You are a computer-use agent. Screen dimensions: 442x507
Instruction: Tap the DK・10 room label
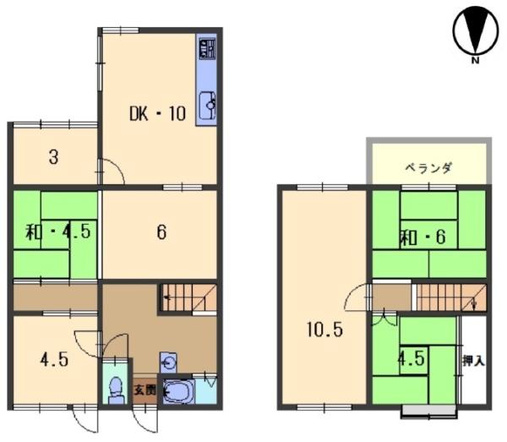pyautogui.click(x=156, y=113)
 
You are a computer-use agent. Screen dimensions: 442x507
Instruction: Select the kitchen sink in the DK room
pyautogui.click(x=207, y=106)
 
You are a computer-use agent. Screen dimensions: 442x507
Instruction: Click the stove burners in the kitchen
pyautogui.click(x=206, y=49)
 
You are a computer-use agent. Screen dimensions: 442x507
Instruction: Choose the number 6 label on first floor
pyautogui.click(x=161, y=232)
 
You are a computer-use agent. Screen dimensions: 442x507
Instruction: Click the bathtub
pyautogui.click(x=178, y=391)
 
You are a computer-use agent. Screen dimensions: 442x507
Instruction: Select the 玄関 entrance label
pyautogui.click(x=144, y=390)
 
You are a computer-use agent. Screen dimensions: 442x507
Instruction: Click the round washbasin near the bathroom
pyautogui.click(x=169, y=363)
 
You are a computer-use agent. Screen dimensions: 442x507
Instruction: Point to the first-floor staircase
pyautogui.click(x=188, y=297)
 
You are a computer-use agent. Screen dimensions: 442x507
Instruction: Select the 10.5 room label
pyautogui.click(x=324, y=330)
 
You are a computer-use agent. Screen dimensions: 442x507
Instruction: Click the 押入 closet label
pyautogui.click(x=474, y=360)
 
